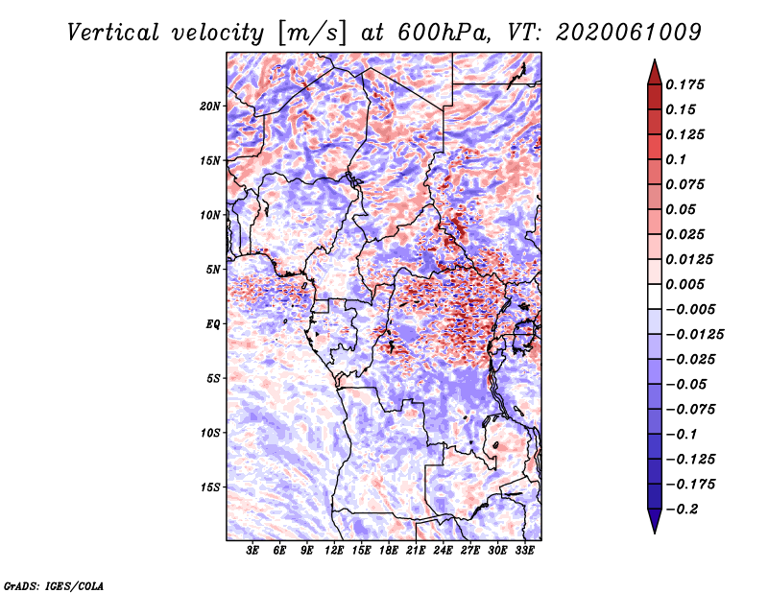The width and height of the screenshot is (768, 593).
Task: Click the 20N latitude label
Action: [210, 107]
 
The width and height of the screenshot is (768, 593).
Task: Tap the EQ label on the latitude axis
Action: [213, 324]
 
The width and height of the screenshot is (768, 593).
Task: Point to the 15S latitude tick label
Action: [210, 487]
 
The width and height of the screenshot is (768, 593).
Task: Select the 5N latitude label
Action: [213, 270]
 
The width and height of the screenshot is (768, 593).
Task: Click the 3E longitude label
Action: [252, 551]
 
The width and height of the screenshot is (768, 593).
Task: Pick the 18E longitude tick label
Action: [389, 551]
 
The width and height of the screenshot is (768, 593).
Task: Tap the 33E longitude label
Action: [524, 551]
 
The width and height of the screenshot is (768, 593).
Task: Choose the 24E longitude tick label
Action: [443, 551]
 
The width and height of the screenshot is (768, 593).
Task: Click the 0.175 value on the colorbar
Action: [684, 84]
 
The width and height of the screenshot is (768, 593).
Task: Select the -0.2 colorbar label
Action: [682, 510]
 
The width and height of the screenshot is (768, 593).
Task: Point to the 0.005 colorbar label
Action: [684, 284]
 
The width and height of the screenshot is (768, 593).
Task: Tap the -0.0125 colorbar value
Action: [694, 335]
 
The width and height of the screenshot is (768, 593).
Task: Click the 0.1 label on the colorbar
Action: [676, 159]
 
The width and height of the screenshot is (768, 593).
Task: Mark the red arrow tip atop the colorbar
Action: [655, 60]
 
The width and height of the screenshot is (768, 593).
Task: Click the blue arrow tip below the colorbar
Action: [655, 533]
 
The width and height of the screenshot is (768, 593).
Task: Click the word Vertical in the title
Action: [113, 33]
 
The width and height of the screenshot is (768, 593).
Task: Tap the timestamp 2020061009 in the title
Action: [629, 33]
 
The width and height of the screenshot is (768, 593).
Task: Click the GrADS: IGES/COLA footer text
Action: [54, 586]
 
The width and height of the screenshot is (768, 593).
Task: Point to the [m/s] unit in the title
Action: [312, 33]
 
